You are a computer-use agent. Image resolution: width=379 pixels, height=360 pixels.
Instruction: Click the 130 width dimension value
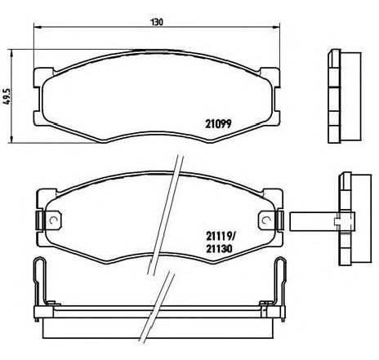(157, 22)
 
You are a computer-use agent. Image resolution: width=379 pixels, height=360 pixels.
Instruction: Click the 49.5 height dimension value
(7, 96)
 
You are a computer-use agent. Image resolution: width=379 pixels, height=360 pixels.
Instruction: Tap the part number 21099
(218, 124)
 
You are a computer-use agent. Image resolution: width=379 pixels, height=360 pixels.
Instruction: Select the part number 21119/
(220, 236)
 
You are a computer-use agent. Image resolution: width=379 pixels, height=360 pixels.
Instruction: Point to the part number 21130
(219, 248)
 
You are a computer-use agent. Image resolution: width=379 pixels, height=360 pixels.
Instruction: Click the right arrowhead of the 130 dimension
(276, 27)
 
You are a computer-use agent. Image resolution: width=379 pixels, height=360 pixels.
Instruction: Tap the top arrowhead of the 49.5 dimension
(11, 53)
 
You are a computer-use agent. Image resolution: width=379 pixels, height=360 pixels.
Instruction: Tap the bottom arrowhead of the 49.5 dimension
(11, 139)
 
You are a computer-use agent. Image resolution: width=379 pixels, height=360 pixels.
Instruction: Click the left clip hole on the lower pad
(54, 220)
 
